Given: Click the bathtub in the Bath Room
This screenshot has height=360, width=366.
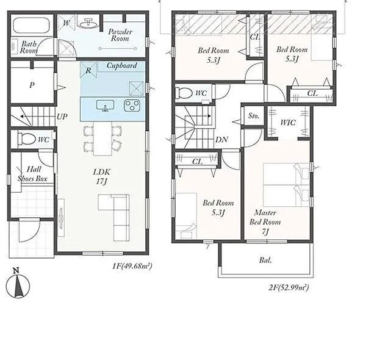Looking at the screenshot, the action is [31, 26].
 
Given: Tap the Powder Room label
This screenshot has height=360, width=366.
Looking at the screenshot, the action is [120, 35].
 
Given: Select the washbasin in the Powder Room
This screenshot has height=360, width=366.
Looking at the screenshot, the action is [88, 23].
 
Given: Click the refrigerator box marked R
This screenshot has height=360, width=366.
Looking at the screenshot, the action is [88, 70].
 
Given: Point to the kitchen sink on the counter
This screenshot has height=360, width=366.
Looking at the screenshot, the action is [106, 106].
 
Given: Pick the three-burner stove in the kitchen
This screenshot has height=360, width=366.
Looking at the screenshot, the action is [132, 106].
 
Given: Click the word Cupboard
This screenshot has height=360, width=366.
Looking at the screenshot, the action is [121, 66].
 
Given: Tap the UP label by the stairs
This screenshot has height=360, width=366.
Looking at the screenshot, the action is [62, 117].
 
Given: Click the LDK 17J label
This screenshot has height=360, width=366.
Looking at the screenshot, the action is [101, 177].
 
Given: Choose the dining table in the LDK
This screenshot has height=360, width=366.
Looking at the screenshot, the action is [102, 139].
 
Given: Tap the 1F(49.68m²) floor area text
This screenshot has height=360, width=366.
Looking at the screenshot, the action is [132, 265].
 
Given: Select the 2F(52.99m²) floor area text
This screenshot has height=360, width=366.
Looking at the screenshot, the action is [289, 287].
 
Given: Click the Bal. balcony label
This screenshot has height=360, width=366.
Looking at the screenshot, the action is [265, 260].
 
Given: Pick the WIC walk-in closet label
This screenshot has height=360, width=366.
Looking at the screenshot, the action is [288, 122].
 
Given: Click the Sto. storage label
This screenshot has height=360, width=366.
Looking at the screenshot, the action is [254, 115].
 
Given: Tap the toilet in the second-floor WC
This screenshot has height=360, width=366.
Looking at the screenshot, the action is [184, 93].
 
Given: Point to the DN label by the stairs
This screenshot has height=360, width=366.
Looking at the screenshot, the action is [222, 140].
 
